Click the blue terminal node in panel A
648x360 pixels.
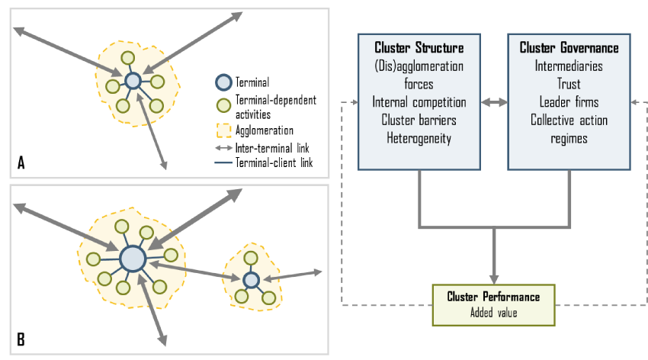coord(133,80)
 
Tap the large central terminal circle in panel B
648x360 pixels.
coord(133,257)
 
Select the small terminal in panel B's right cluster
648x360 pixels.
coord(251,280)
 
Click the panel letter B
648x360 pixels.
coord(21,339)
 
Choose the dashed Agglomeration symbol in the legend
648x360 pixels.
coord(223,130)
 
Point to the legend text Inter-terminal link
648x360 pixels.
coord(277,147)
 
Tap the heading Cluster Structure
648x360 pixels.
coord(419,48)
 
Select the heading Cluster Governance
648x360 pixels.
coord(569,48)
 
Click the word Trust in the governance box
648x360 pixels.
coord(569,84)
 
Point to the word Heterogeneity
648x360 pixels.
coord(419,137)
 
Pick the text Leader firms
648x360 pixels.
coord(569,101)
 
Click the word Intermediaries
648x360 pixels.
coord(569,66)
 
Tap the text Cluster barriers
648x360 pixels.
coord(419,120)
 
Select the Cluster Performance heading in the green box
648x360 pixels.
coord(493,296)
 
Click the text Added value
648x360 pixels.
coord(493,310)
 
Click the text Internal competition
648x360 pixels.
coord(419,101)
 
